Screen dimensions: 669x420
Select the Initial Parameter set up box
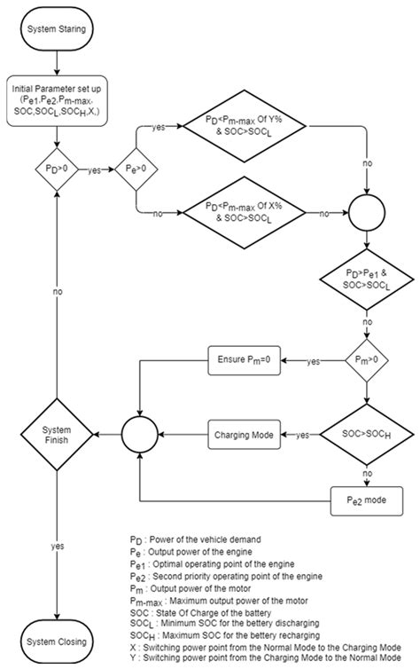coord(58,102)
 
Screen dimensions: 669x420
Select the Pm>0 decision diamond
coord(366,361)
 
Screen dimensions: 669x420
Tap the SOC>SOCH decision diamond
coord(366,435)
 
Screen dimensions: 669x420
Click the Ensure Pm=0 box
coord(243,361)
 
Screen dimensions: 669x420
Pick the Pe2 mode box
coord(366,499)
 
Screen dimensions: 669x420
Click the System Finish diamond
coord(58,435)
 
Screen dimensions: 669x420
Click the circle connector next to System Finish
coord(139,435)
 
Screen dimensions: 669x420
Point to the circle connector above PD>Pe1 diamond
coord(366,214)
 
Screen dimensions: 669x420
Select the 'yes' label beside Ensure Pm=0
coord(313,361)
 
